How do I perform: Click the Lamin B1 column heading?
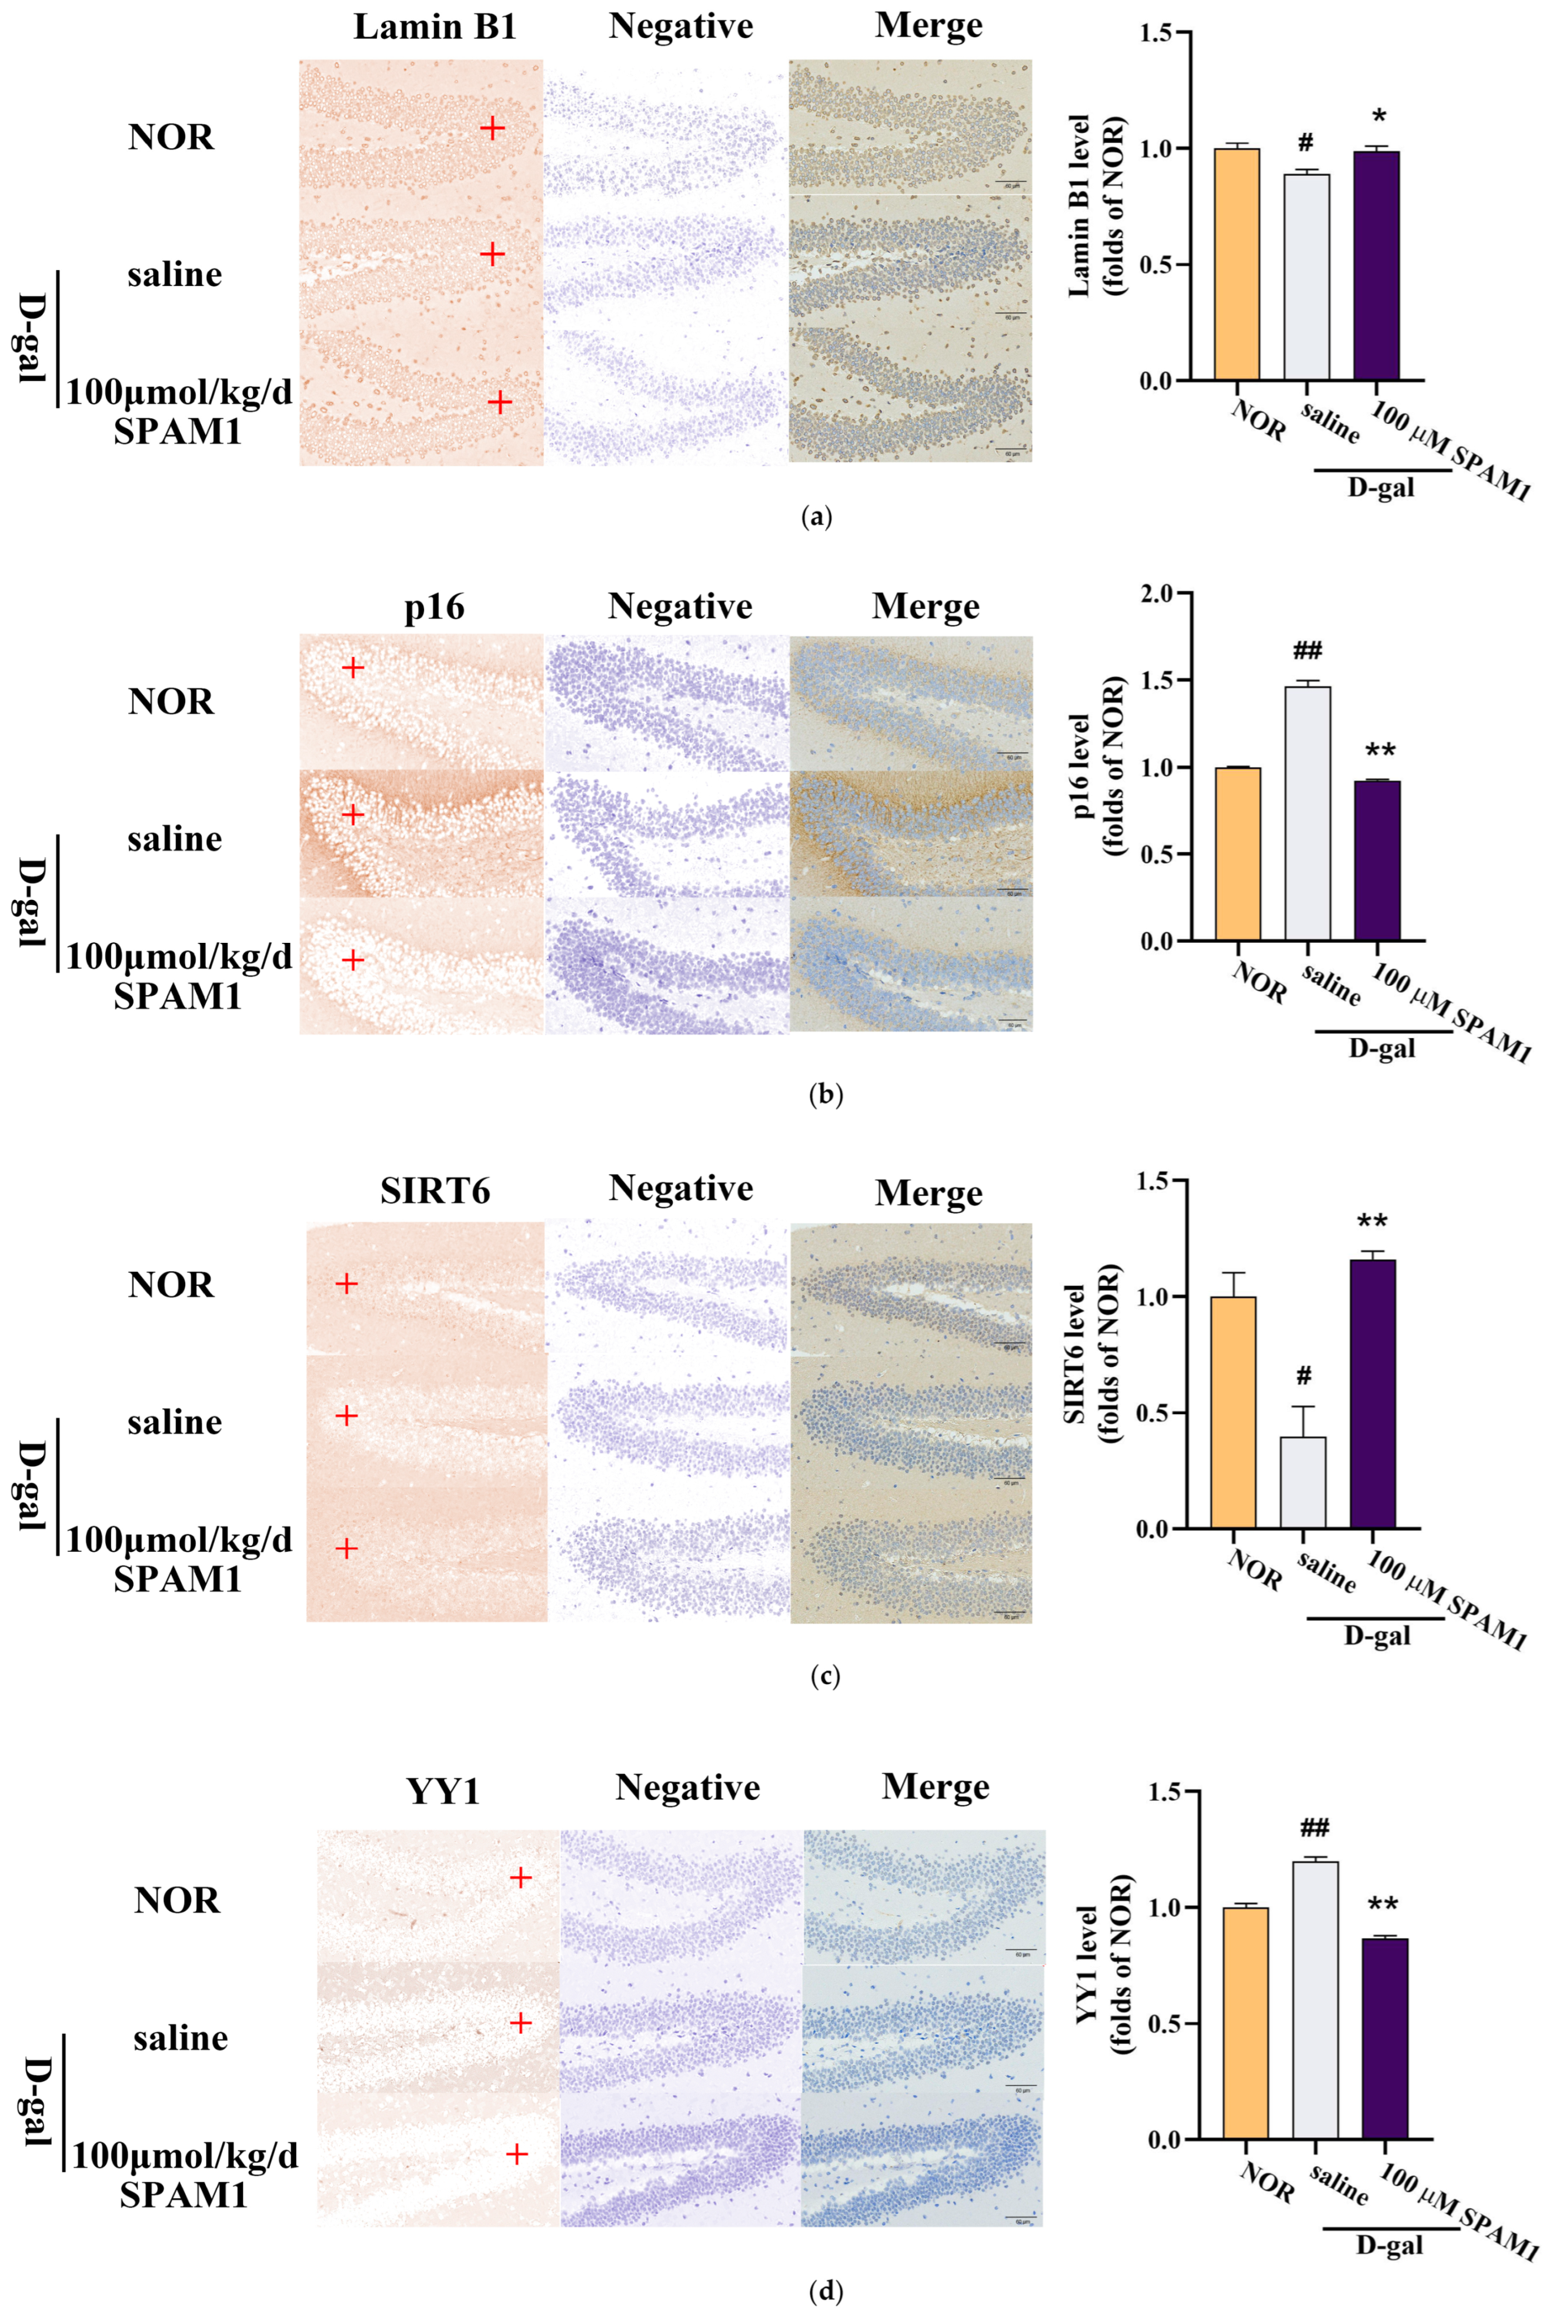click(435, 26)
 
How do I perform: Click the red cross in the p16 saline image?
click(352, 815)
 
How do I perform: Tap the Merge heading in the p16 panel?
click(925, 606)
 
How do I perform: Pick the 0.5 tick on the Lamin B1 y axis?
click(1157, 264)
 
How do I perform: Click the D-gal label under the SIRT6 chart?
click(1377, 1636)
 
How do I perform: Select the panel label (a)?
click(819, 516)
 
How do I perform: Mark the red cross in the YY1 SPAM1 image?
click(517, 2154)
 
